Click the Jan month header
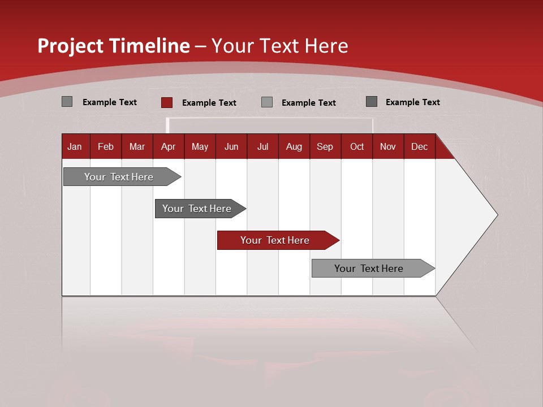pyautogui.click(x=75, y=147)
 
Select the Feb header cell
pyautogui.click(x=106, y=147)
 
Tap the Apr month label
pyautogui.click(x=168, y=147)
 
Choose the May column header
pyautogui.click(x=200, y=147)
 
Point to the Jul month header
pyautogui.click(x=262, y=147)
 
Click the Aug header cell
pyautogui.click(x=294, y=147)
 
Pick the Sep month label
pyautogui.click(x=325, y=147)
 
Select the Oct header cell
pyautogui.click(x=357, y=147)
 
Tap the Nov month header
pyautogui.click(x=388, y=147)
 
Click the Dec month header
pyautogui.click(x=419, y=147)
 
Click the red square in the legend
pyautogui.click(x=167, y=102)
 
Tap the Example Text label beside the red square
pyautogui.click(x=209, y=103)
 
